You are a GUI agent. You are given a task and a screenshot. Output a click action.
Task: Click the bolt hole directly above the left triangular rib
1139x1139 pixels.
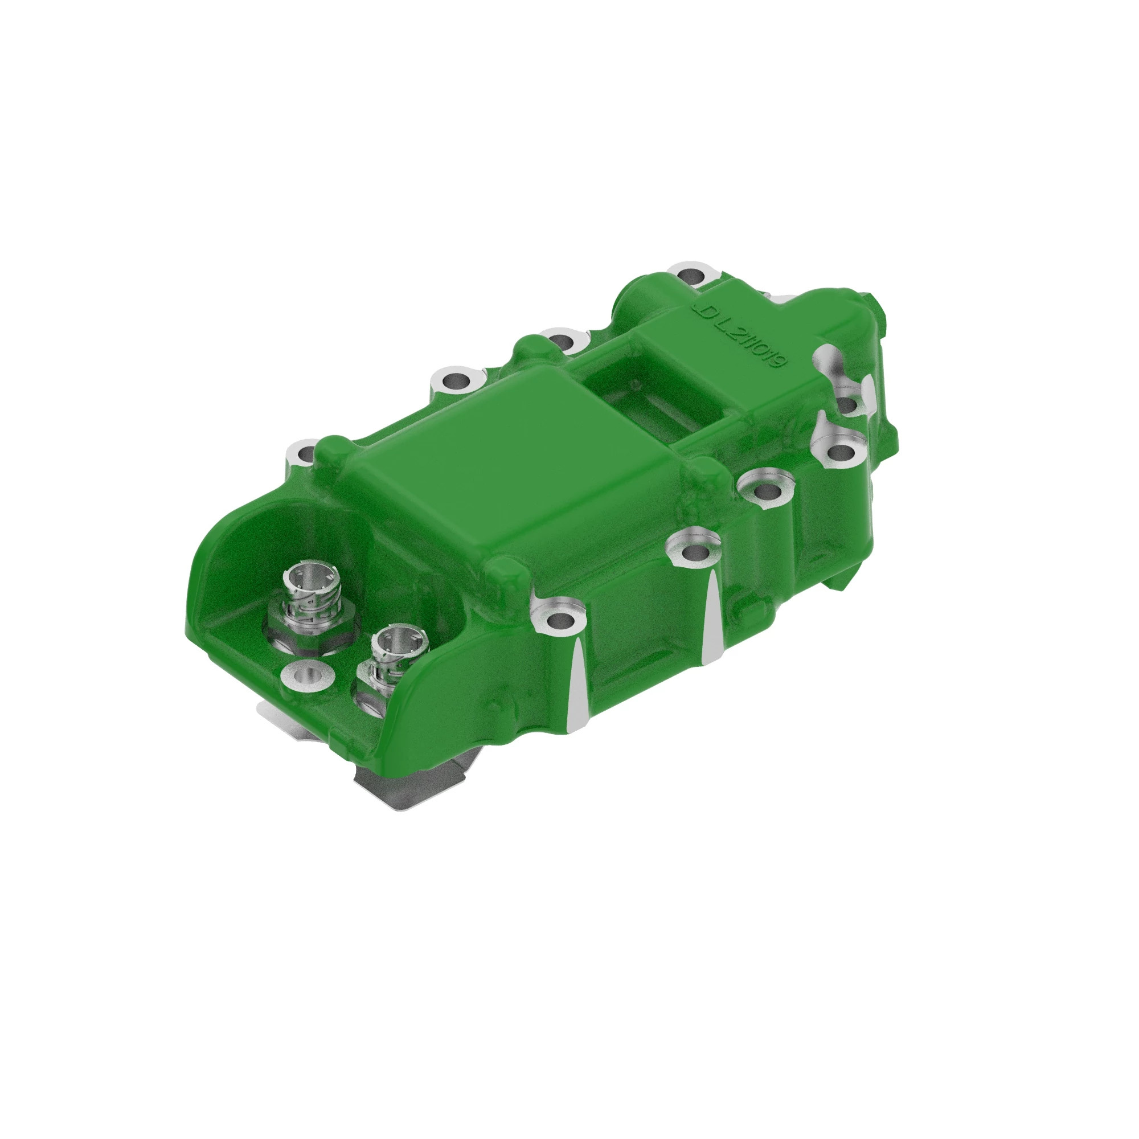559,620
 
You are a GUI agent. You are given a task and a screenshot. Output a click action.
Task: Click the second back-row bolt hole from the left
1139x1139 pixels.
454,382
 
